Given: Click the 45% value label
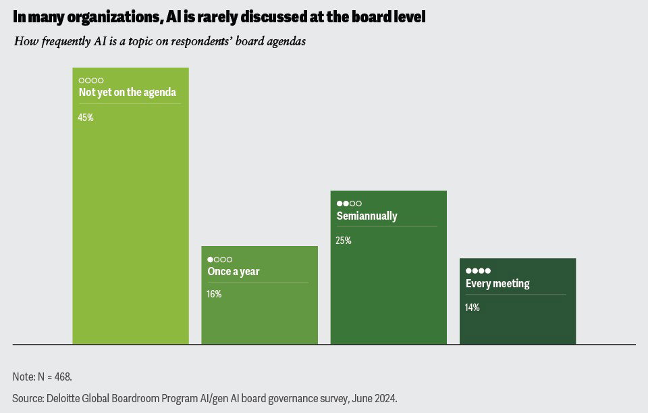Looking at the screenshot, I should tap(86, 117).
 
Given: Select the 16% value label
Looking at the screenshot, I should tap(214, 294).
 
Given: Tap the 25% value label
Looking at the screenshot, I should tap(344, 240).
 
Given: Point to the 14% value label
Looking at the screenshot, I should tap(473, 308).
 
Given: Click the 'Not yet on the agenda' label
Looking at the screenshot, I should tap(127, 93).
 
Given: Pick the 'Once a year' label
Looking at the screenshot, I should tap(233, 272).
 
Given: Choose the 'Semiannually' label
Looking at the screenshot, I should tap(367, 216).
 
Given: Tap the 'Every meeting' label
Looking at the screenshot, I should tap(497, 284).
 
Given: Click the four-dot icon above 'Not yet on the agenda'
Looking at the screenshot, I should tap(91, 80).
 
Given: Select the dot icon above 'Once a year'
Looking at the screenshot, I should tap(219, 259).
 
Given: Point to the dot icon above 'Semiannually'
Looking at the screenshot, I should tap(349, 203).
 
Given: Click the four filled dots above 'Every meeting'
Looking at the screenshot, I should tap(478, 271).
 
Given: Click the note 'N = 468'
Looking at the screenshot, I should tap(53, 376).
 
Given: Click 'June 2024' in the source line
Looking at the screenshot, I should tap(377, 397).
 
